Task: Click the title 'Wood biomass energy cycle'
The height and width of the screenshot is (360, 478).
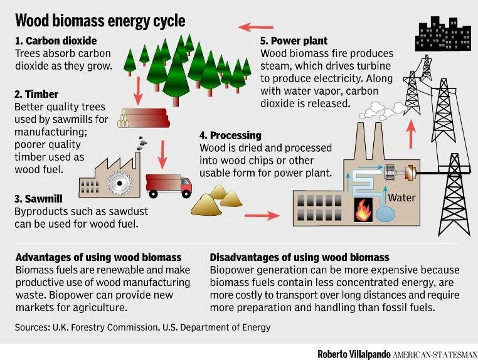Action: point(100,21)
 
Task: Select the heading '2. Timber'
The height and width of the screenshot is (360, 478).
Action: point(36,94)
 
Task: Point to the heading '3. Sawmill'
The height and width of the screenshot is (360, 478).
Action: point(38,199)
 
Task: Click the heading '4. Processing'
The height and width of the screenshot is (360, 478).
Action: point(230,135)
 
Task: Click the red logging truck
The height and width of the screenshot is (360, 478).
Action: point(168,184)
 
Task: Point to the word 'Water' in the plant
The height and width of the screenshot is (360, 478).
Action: point(401,198)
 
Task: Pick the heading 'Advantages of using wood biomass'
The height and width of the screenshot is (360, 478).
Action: point(98,257)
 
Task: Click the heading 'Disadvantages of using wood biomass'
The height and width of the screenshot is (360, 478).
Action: point(300,257)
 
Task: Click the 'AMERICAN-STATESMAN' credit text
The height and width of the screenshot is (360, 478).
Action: point(435,353)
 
